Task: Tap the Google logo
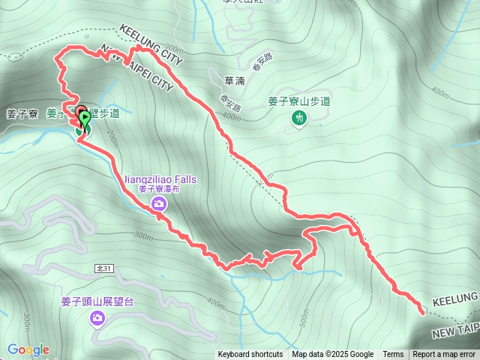pos(28,349)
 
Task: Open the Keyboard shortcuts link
pos(250,355)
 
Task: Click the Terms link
pos(393,355)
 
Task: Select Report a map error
pos(444,355)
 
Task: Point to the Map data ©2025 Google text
pos(333,355)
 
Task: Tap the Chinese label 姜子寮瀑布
pos(160,190)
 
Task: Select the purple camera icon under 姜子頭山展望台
pos(97,320)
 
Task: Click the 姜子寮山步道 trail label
pos(299,101)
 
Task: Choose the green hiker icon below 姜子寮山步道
pos(299,118)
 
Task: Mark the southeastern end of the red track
pos(422,305)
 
